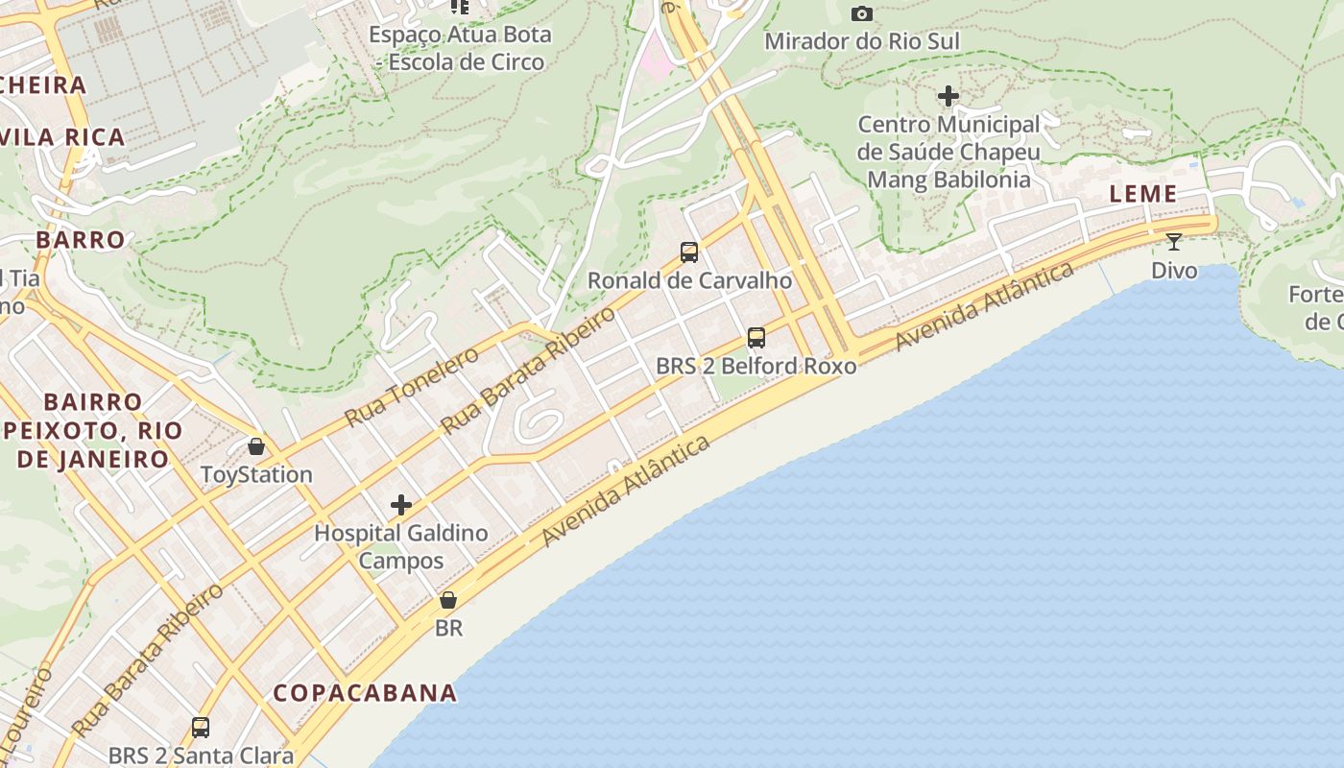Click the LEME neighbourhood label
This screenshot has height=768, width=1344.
click(1142, 194)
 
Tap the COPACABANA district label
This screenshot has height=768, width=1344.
click(364, 692)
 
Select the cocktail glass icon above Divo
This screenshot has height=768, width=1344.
click(1173, 241)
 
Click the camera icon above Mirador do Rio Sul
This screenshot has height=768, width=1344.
click(862, 13)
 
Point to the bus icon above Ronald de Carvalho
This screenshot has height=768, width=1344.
click(689, 252)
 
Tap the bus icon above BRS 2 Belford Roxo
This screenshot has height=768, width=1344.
click(756, 338)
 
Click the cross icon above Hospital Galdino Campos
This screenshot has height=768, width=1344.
click(401, 505)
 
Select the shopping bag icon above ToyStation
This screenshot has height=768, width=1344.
click(256, 446)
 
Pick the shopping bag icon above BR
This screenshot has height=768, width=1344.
click(448, 600)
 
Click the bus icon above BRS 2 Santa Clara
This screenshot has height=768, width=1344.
click(201, 728)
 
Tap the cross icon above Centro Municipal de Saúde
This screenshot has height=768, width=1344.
click(948, 96)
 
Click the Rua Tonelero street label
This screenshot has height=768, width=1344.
click(412, 387)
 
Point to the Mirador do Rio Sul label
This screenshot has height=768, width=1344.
click(861, 41)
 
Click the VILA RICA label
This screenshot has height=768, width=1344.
click(63, 136)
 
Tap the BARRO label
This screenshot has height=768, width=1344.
click(81, 239)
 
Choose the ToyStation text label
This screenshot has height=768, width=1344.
click(256, 474)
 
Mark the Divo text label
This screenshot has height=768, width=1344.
click(1174, 270)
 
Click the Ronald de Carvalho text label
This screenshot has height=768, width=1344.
click(689, 280)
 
